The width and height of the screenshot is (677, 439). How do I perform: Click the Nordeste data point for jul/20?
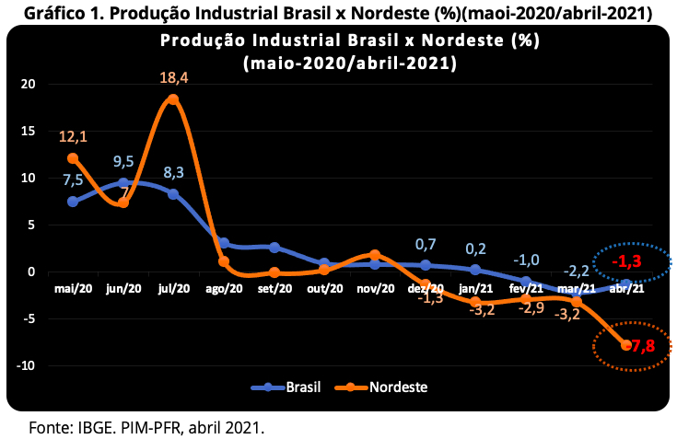tap(173, 99)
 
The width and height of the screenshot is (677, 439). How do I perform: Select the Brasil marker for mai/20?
tap(73, 202)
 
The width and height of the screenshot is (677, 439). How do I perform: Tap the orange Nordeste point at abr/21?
tap(626, 345)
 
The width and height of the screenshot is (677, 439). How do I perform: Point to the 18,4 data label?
tap(173, 78)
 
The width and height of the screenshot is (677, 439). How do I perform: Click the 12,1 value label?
tap(73, 137)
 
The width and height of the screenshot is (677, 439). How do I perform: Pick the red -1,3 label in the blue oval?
tap(627, 261)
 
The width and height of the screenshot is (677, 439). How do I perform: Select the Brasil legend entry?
tap(286, 387)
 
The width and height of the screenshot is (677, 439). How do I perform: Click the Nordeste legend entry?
tap(381, 387)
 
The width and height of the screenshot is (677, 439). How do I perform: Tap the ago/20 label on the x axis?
tap(224, 288)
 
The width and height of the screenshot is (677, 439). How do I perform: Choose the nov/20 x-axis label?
tap(375, 288)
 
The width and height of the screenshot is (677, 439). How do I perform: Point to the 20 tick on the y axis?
tap(28, 84)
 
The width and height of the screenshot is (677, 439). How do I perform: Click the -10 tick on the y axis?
tap(26, 365)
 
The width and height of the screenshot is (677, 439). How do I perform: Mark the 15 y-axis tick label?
tap(28, 131)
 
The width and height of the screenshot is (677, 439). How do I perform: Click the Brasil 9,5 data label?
tap(123, 162)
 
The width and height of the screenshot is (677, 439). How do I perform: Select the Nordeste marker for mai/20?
tap(73, 158)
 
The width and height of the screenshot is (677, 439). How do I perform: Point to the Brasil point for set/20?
tap(274, 247)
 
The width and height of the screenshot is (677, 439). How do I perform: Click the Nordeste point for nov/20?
tap(375, 255)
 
